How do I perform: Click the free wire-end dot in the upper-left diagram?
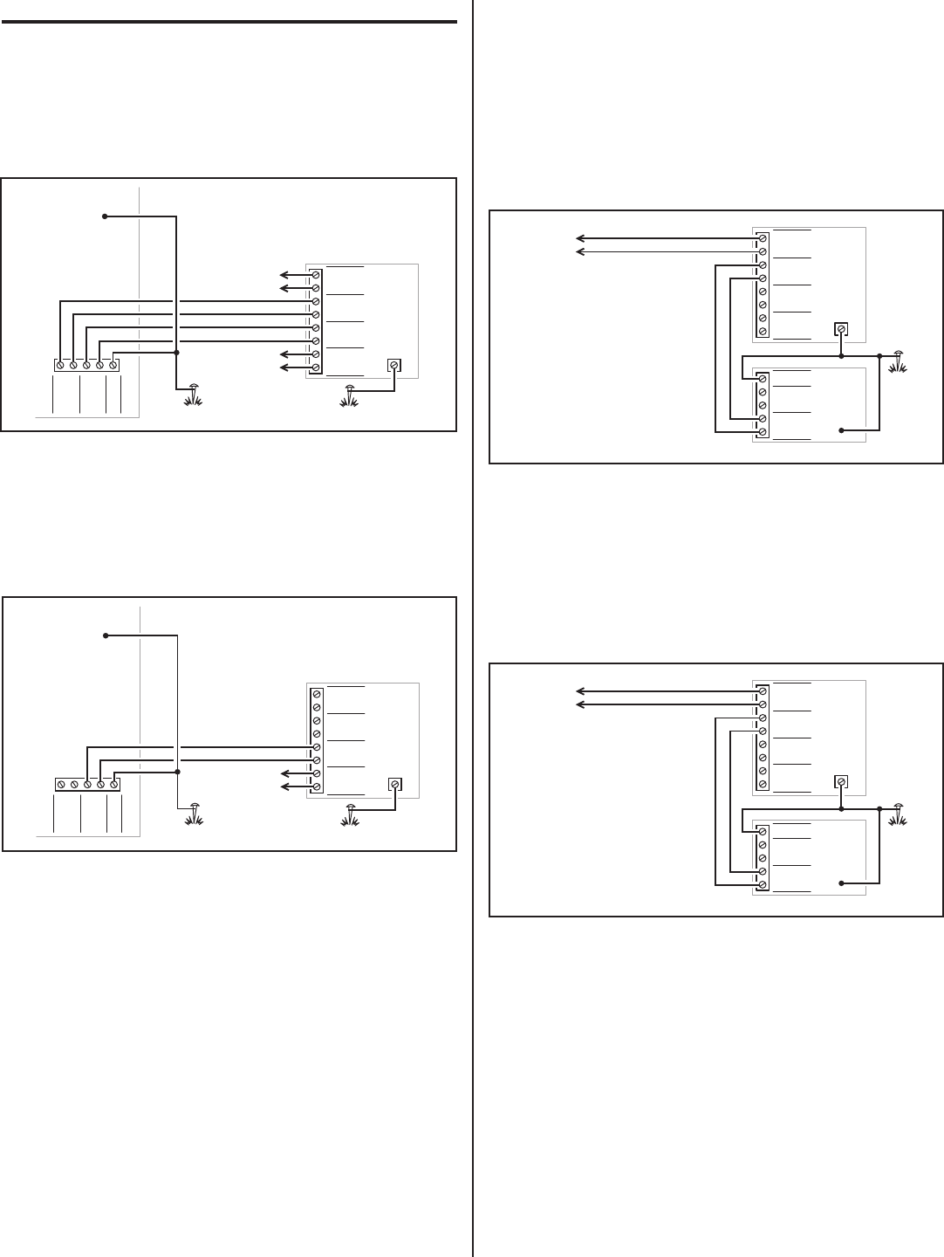click(105, 216)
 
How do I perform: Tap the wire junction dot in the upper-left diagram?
click(177, 353)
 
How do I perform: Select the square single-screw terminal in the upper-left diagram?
click(394, 365)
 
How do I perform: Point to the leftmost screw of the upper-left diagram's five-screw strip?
click(60, 365)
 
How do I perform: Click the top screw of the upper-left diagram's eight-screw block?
click(316, 275)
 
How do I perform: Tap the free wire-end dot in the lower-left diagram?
click(105, 635)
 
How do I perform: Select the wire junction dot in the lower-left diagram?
click(177, 773)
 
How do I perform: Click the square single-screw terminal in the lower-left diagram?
click(394, 784)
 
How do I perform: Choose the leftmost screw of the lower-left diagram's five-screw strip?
click(61, 784)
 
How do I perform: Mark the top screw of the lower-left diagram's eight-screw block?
click(316, 694)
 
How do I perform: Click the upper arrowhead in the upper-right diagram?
click(578, 237)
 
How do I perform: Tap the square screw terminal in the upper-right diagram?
click(841, 330)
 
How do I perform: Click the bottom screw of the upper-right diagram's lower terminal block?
click(763, 432)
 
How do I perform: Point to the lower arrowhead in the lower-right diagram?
click(578, 704)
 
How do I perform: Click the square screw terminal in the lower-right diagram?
click(841, 782)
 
